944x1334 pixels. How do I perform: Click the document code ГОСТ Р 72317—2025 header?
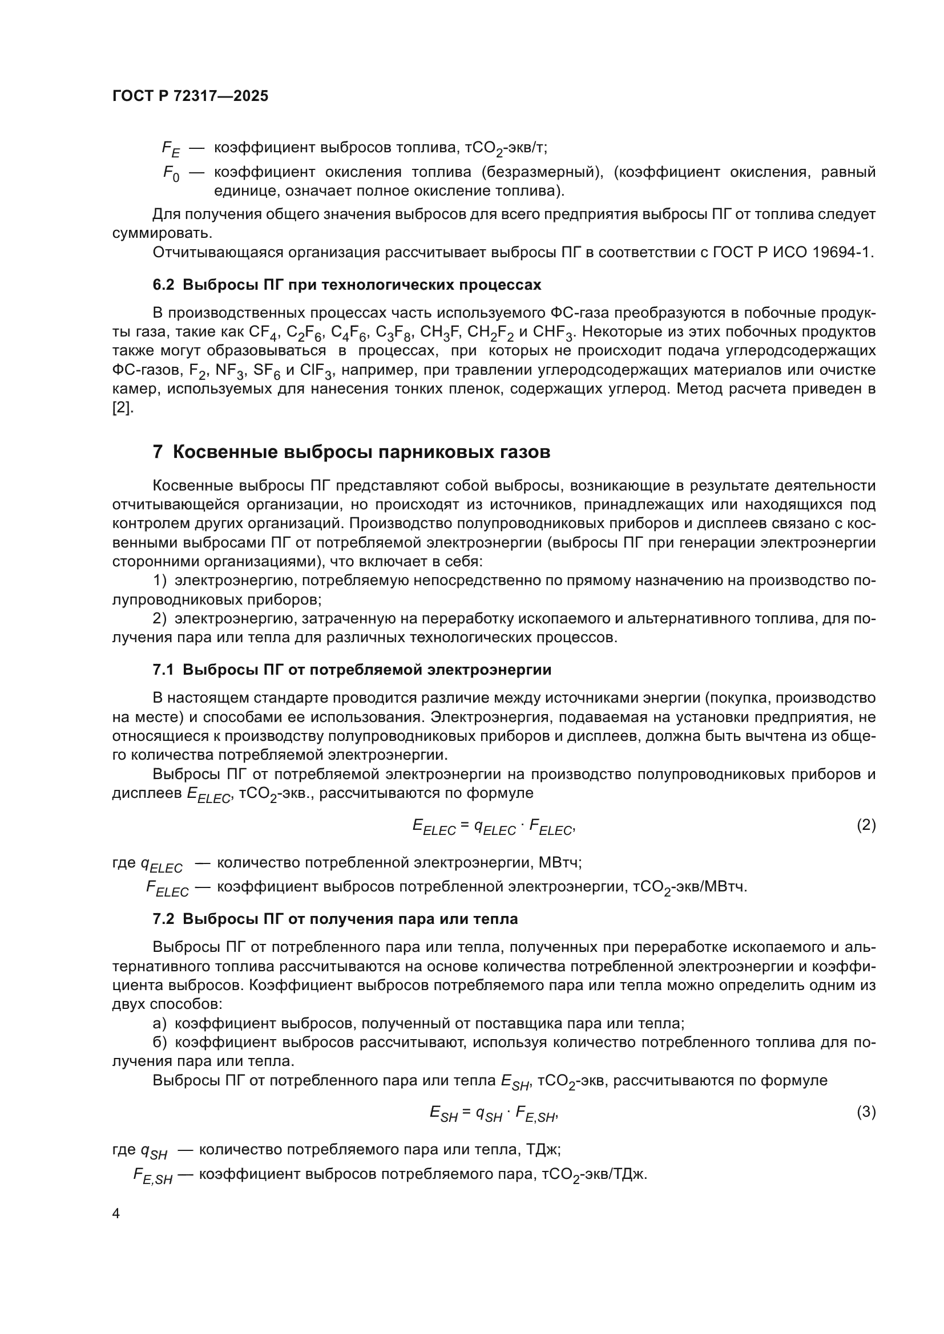(x=190, y=96)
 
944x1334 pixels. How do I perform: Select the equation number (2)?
(x=866, y=825)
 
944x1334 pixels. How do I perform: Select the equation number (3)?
(x=866, y=1112)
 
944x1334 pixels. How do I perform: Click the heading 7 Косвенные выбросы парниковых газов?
(x=351, y=452)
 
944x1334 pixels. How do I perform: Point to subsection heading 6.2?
(x=346, y=285)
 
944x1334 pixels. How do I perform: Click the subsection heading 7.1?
(x=352, y=670)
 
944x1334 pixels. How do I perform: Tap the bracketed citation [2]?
(x=122, y=408)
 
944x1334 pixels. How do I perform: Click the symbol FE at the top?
(x=171, y=149)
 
